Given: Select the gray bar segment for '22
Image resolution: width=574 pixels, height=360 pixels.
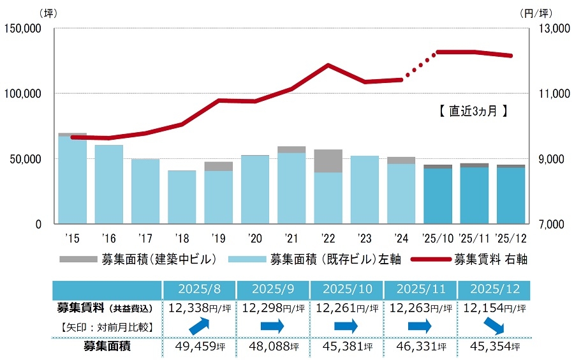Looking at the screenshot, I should [328, 161].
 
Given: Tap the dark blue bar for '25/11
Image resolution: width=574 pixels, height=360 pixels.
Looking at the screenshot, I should [475, 195].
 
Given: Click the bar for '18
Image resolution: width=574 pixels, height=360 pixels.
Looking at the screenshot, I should [182, 197].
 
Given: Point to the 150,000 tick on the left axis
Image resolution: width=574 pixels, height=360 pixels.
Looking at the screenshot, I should [22, 28].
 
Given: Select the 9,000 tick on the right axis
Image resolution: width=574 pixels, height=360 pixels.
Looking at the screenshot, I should [548, 159].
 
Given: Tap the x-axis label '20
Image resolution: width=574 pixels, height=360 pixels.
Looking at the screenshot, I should [254, 239].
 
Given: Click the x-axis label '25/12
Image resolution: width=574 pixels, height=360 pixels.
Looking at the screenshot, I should [511, 239].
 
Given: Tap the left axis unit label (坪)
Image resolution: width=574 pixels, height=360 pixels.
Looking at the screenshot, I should [48, 13].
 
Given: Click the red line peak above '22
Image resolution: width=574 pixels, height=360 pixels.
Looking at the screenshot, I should [328, 64].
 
